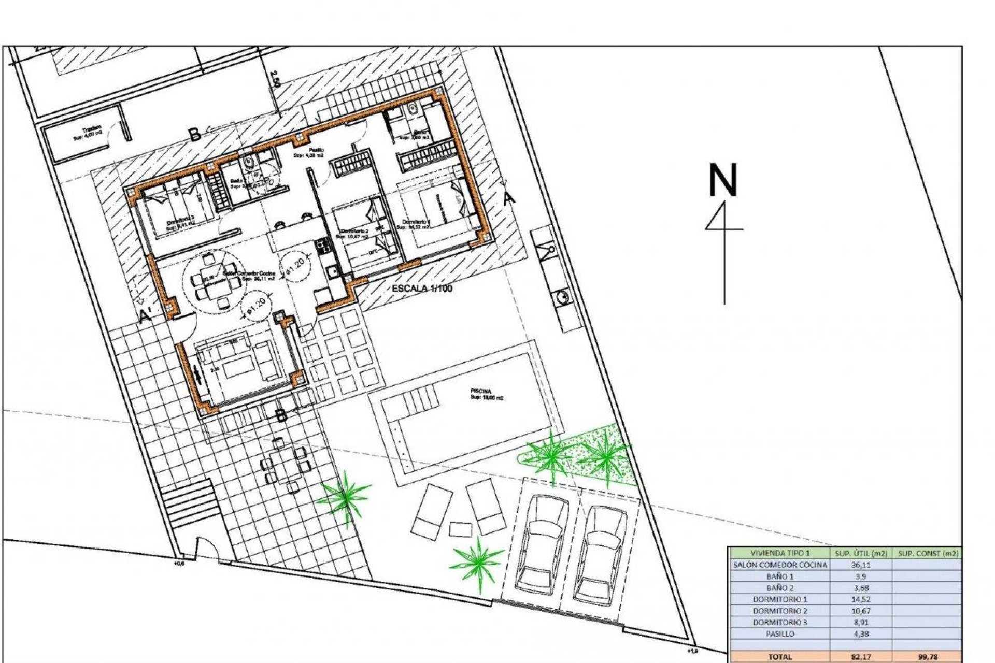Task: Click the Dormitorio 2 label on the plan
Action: (x=354, y=233)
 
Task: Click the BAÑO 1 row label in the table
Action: (x=780, y=576)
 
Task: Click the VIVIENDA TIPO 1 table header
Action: (x=780, y=554)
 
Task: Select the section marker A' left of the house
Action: (x=145, y=315)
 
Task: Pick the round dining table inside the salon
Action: (x=214, y=281)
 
